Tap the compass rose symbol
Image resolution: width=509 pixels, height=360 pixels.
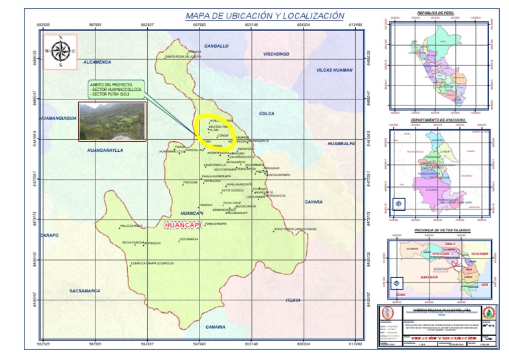click(x=60, y=51)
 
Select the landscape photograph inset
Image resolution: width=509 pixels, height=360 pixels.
click(x=111, y=121)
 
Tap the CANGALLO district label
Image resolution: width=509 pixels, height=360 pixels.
click(x=216, y=46)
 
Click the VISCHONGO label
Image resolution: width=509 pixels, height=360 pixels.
click(x=276, y=54)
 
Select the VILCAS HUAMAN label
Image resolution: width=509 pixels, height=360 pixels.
click(x=334, y=70)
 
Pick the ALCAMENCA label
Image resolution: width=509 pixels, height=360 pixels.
click(x=97, y=62)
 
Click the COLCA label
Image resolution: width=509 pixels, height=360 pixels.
click(x=266, y=113)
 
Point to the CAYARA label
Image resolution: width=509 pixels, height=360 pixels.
click(x=313, y=202)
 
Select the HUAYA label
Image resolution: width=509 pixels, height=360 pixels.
click(x=293, y=300)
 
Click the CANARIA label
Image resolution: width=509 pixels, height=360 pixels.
click(x=215, y=327)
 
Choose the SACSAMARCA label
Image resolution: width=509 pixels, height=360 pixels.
click(x=85, y=290)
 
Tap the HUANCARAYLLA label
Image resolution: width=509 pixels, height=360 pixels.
click(x=105, y=150)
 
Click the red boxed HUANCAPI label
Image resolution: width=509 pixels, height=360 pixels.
click(x=182, y=225)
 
